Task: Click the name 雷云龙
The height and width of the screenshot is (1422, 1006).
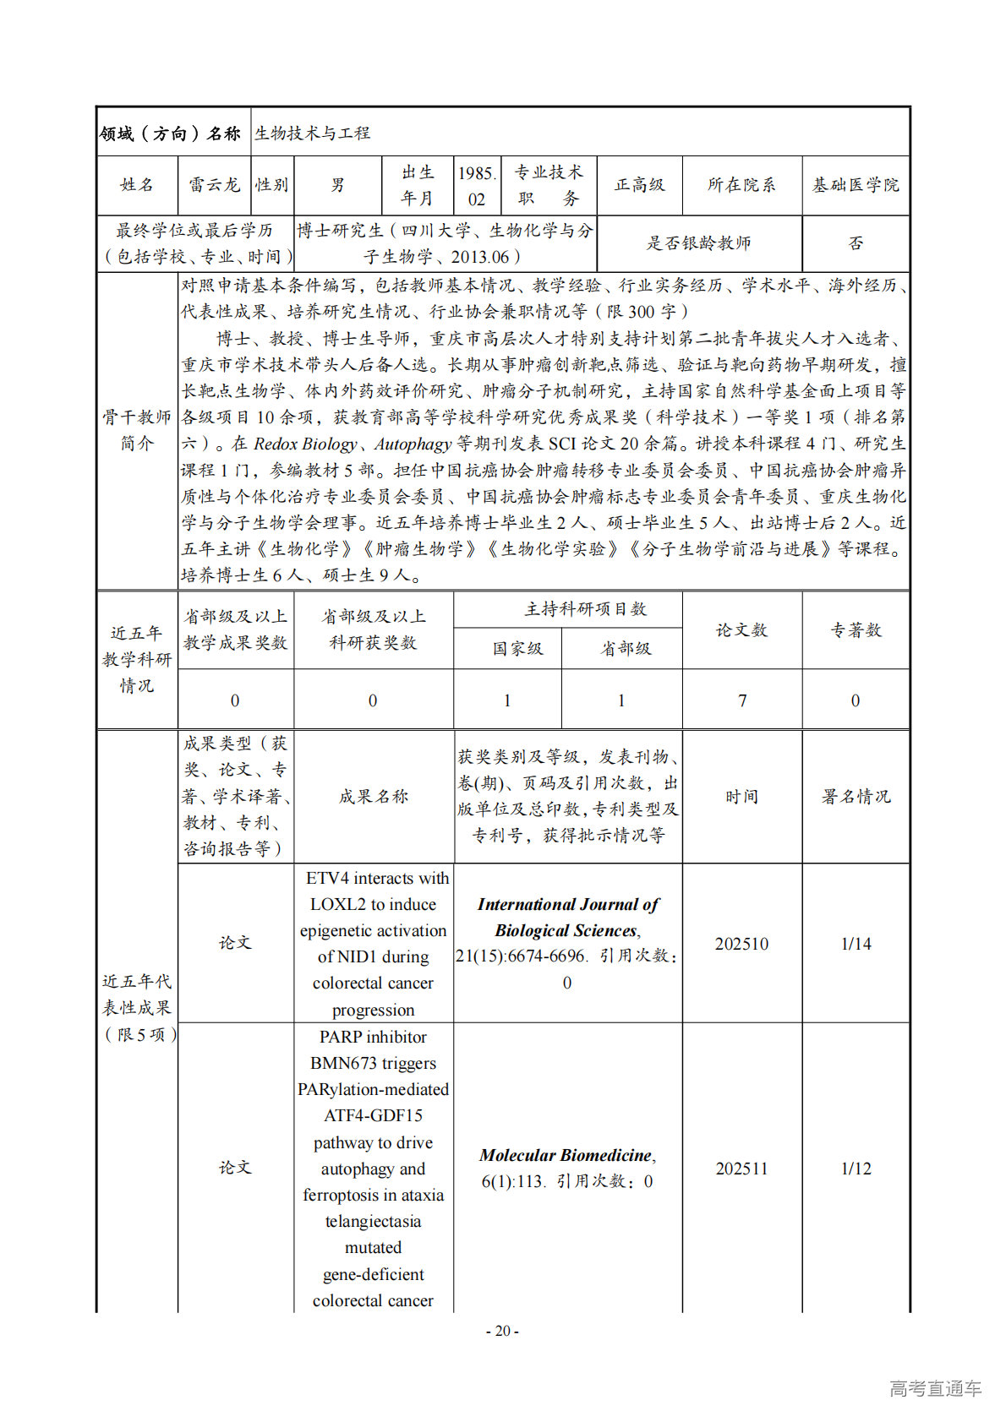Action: [x=214, y=185]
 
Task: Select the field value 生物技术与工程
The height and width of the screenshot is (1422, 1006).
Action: [x=313, y=133]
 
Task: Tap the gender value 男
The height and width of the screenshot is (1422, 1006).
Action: [x=337, y=185]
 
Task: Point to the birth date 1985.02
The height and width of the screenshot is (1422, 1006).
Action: [x=477, y=186]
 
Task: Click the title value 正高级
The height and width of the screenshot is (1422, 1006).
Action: [x=639, y=185]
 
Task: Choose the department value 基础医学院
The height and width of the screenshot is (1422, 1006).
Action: [x=856, y=185]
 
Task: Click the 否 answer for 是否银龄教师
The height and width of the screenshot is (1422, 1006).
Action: [x=856, y=243]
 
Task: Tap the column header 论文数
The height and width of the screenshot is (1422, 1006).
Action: [x=741, y=630]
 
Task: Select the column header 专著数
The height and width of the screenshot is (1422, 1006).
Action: [x=856, y=630]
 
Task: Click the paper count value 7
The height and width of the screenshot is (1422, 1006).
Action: [x=742, y=700]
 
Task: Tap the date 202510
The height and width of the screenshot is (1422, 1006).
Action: [x=741, y=944]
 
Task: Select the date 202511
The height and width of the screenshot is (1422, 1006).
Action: [x=741, y=1169]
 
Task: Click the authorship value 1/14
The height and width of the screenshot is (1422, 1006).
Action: [x=856, y=944]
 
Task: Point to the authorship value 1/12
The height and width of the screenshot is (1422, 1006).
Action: [x=856, y=1169]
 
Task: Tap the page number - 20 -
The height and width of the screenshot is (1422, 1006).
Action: [x=502, y=1331]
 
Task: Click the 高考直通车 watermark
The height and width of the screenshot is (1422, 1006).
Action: [x=935, y=1388]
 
